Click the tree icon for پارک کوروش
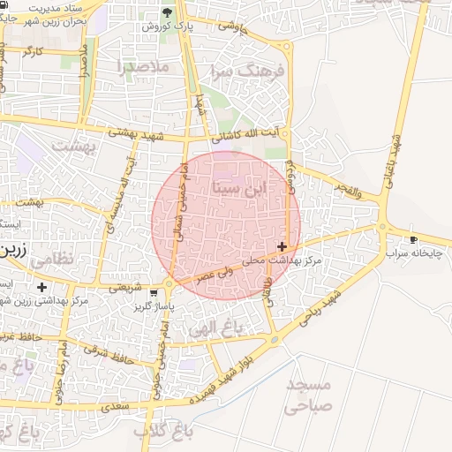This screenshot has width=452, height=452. [168, 12]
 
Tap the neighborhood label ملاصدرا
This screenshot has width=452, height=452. [141, 65]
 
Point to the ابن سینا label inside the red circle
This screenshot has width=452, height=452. [238, 188]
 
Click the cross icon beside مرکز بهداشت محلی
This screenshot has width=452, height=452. [282, 246]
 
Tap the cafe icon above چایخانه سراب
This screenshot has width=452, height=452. [413, 240]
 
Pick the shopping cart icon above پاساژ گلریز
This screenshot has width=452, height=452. [154, 293]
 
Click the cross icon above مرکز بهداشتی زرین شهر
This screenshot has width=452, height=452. [41, 287]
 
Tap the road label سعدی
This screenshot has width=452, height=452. [116, 407]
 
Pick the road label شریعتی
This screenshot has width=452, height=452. [123, 286]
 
